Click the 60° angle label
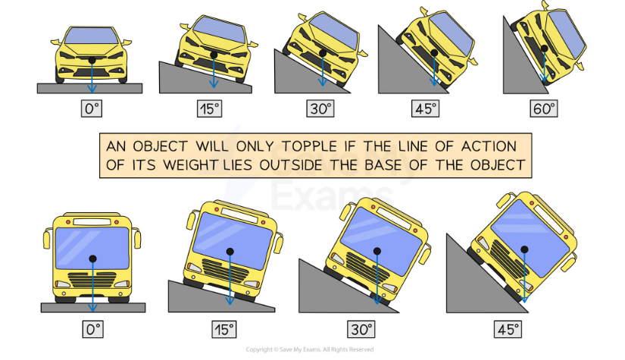(x=544, y=108)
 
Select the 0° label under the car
(x=92, y=108)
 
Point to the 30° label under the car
(x=320, y=108)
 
